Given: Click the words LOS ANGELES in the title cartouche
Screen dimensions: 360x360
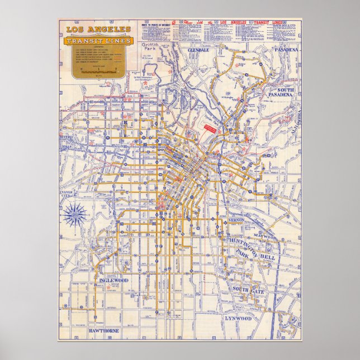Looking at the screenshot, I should [98, 29].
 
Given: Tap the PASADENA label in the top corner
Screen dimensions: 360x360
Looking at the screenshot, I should [287, 49].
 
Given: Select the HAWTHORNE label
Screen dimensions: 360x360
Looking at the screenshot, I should [104, 331].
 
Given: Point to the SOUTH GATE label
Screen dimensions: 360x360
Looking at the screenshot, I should [248, 289].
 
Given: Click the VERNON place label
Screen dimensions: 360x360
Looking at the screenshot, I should [235, 220].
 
